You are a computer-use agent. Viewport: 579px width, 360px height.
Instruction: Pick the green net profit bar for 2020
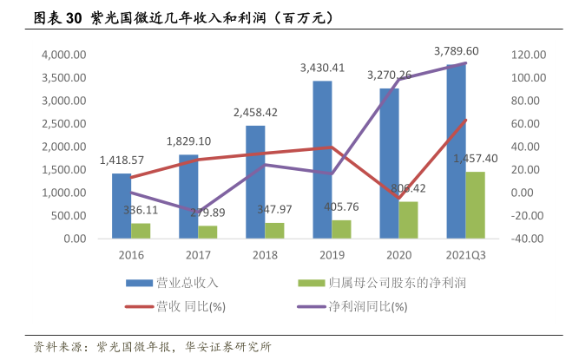(408, 219)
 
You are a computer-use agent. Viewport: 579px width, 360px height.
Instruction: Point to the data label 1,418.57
(122, 160)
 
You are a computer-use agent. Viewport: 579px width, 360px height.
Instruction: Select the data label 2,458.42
(255, 113)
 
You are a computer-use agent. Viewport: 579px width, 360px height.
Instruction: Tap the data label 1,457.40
(476, 159)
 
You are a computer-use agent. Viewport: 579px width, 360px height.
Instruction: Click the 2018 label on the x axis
(265, 255)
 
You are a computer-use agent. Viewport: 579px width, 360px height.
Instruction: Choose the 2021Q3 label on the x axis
(465, 255)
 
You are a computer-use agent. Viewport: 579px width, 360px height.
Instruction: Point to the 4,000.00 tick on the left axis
(62, 54)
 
